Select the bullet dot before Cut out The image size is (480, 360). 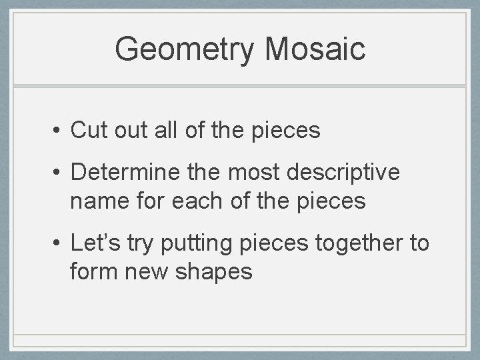click(x=58, y=131)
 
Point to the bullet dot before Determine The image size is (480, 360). click(x=58, y=172)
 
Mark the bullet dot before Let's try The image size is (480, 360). click(x=58, y=243)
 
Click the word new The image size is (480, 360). click(x=151, y=272)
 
